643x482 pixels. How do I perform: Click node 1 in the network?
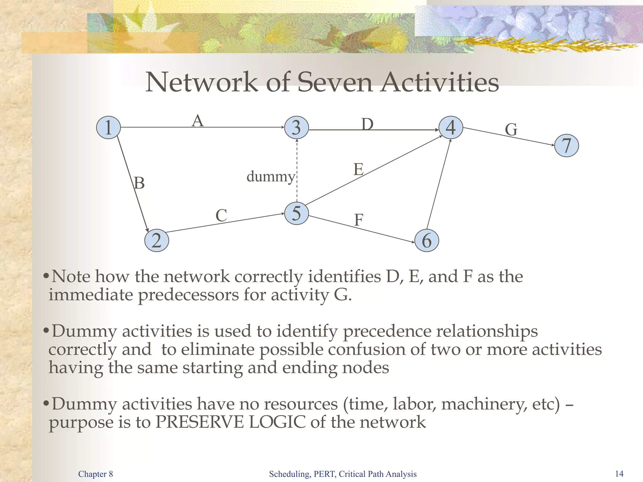pos(108,127)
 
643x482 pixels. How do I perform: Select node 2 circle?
pos(156,240)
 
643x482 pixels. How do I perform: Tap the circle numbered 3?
pos(296,127)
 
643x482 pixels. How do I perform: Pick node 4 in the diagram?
pos(451,127)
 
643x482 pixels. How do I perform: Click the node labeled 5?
pos(296,213)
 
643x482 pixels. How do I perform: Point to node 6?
pos(426,240)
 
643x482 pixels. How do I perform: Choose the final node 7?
pos(566,145)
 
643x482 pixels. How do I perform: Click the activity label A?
pos(198,121)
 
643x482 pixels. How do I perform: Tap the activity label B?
pos(139,183)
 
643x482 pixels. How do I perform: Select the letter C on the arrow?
pos(221,216)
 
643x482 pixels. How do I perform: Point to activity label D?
pos(367,124)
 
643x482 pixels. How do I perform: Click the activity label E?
pos(359,169)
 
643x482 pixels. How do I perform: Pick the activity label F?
pos(359,220)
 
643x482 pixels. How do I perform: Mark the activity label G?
pos(511,130)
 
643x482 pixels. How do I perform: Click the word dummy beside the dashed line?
pos(271,177)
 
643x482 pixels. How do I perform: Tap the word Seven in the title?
pos(335,82)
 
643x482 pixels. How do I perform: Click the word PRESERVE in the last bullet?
pos(199,422)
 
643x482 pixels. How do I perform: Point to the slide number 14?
pos(619,474)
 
